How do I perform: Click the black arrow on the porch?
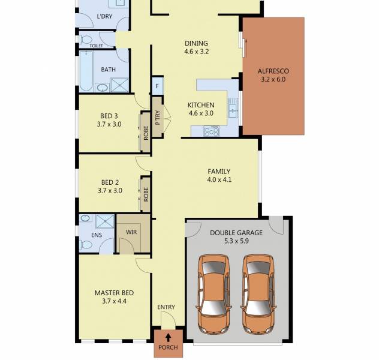pyautogui.click(x=169, y=338)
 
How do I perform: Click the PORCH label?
pyautogui.click(x=169, y=347)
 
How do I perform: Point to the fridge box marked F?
pyautogui.click(x=157, y=86)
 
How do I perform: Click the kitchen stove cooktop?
pyautogui.click(x=212, y=131)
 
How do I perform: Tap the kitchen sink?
pyautogui.click(x=233, y=108)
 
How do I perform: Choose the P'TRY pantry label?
pyautogui.click(x=158, y=118)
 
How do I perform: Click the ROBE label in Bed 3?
pyautogui.click(x=146, y=133)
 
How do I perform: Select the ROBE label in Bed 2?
pyautogui.click(x=146, y=194)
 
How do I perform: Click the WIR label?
pyautogui.click(x=131, y=232)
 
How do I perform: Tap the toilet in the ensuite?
pyautogui.click(x=86, y=245)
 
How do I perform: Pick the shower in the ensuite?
pyautogui.click(x=105, y=221)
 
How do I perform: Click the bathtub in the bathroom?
pyautogui.click(x=86, y=71)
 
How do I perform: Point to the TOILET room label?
pyautogui.click(x=96, y=46)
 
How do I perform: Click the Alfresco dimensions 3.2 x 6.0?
pyautogui.click(x=273, y=79)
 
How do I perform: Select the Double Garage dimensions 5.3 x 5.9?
pyautogui.click(x=236, y=241)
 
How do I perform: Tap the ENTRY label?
pyautogui.click(x=166, y=307)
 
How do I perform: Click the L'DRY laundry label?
pyautogui.click(x=104, y=16)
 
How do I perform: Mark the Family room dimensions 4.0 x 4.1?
pyautogui.click(x=219, y=179)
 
